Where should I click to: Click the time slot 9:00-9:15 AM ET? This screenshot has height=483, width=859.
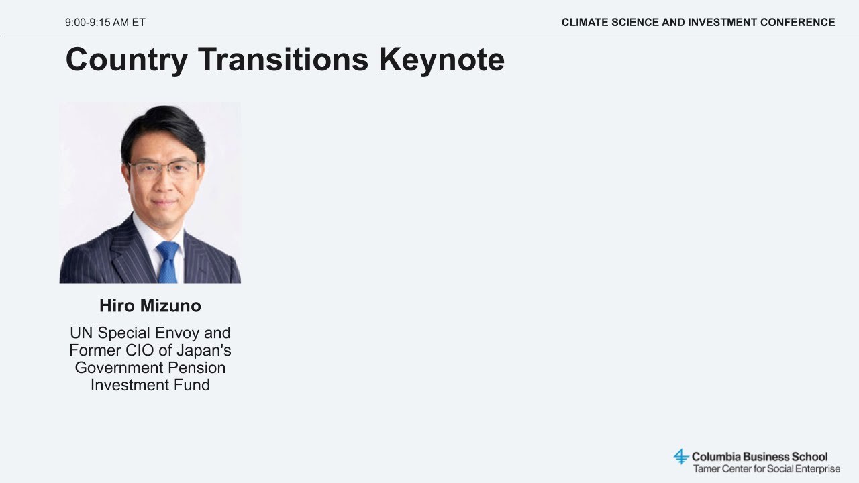click(105, 23)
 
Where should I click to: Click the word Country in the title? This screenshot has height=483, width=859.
click(127, 60)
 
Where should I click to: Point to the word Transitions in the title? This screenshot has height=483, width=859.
click(283, 59)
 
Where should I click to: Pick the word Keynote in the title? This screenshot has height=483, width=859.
click(442, 60)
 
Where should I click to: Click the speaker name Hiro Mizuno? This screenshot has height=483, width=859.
click(150, 305)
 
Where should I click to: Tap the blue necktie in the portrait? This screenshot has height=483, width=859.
click(168, 262)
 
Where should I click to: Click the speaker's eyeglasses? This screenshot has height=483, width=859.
click(164, 169)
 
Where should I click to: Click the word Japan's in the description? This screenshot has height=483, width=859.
click(203, 351)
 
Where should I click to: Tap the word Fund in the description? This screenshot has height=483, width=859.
click(192, 385)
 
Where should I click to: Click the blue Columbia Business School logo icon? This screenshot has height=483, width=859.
click(681, 457)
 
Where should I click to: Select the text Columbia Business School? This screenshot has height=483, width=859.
click(760, 457)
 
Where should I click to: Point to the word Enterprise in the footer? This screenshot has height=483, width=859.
click(817, 469)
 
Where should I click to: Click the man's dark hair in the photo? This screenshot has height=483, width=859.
click(163, 127)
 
